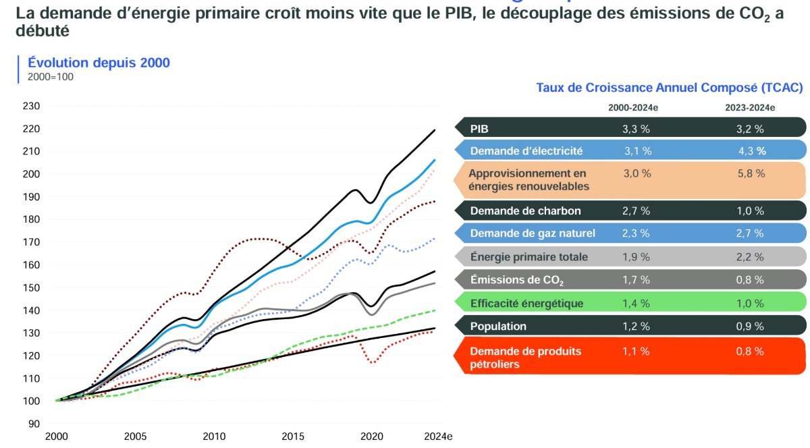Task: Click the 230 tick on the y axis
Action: (32, 106)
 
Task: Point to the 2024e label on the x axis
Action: (439, 436)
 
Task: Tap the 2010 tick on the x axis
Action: (214, 436)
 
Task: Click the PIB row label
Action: (479, 128)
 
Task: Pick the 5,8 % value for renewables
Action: (751, 173)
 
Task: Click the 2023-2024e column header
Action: (751, 107)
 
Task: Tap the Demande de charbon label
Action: (525, 211)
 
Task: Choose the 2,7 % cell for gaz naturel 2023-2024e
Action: (751, 233)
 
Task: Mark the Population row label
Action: (498, 326)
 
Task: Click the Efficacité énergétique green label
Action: (526, 303)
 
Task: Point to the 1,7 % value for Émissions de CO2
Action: (636, 279)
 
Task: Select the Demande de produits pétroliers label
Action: (525, 358)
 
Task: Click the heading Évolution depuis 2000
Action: (99, 63)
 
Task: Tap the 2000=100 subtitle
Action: (50, 77)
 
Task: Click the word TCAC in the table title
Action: (780, 88)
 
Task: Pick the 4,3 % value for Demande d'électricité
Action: (752, 151)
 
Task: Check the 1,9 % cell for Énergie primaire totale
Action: (636, 256)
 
